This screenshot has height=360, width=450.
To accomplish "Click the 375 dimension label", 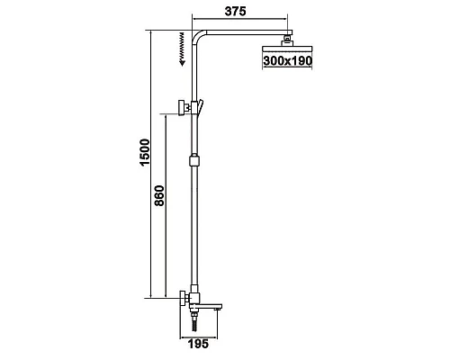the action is click(x=235, y=11).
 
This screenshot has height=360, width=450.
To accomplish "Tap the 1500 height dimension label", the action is click(x=145, y=152).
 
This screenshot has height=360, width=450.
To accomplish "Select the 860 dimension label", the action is click(x=159, y=195).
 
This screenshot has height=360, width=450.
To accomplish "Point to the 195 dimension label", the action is click(x=198, y=344).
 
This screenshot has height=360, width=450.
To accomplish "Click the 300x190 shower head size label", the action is click(x=287, y=61).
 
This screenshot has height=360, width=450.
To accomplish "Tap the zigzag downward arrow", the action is click(x=182, y=49).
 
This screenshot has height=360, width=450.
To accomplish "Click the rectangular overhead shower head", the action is click(x=287, y=49).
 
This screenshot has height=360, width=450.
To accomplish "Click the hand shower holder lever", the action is click(x=200, y=106).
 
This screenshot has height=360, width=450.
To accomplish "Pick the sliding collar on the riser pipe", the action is click(x=194, y=160).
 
